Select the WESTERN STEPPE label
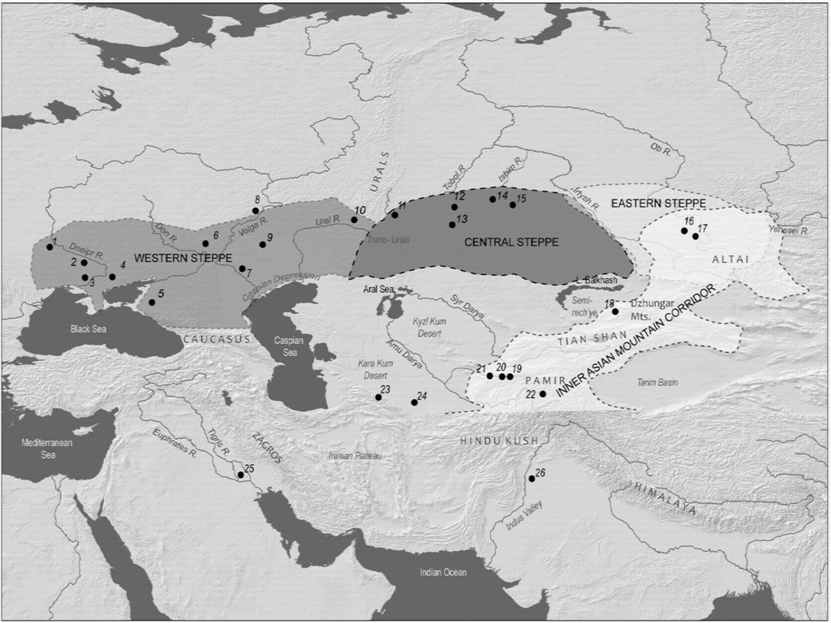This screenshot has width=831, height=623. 172,257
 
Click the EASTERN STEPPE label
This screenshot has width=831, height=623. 663,201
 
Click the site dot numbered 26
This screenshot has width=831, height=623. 532,479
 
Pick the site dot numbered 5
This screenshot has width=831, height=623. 152,303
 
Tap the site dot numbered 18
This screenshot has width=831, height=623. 615,311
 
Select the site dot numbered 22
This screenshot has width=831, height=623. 543,393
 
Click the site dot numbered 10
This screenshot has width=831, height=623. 354,220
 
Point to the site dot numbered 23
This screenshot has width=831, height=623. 378,397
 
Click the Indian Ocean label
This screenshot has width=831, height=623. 443,573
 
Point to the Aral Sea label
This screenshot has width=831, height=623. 373,289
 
